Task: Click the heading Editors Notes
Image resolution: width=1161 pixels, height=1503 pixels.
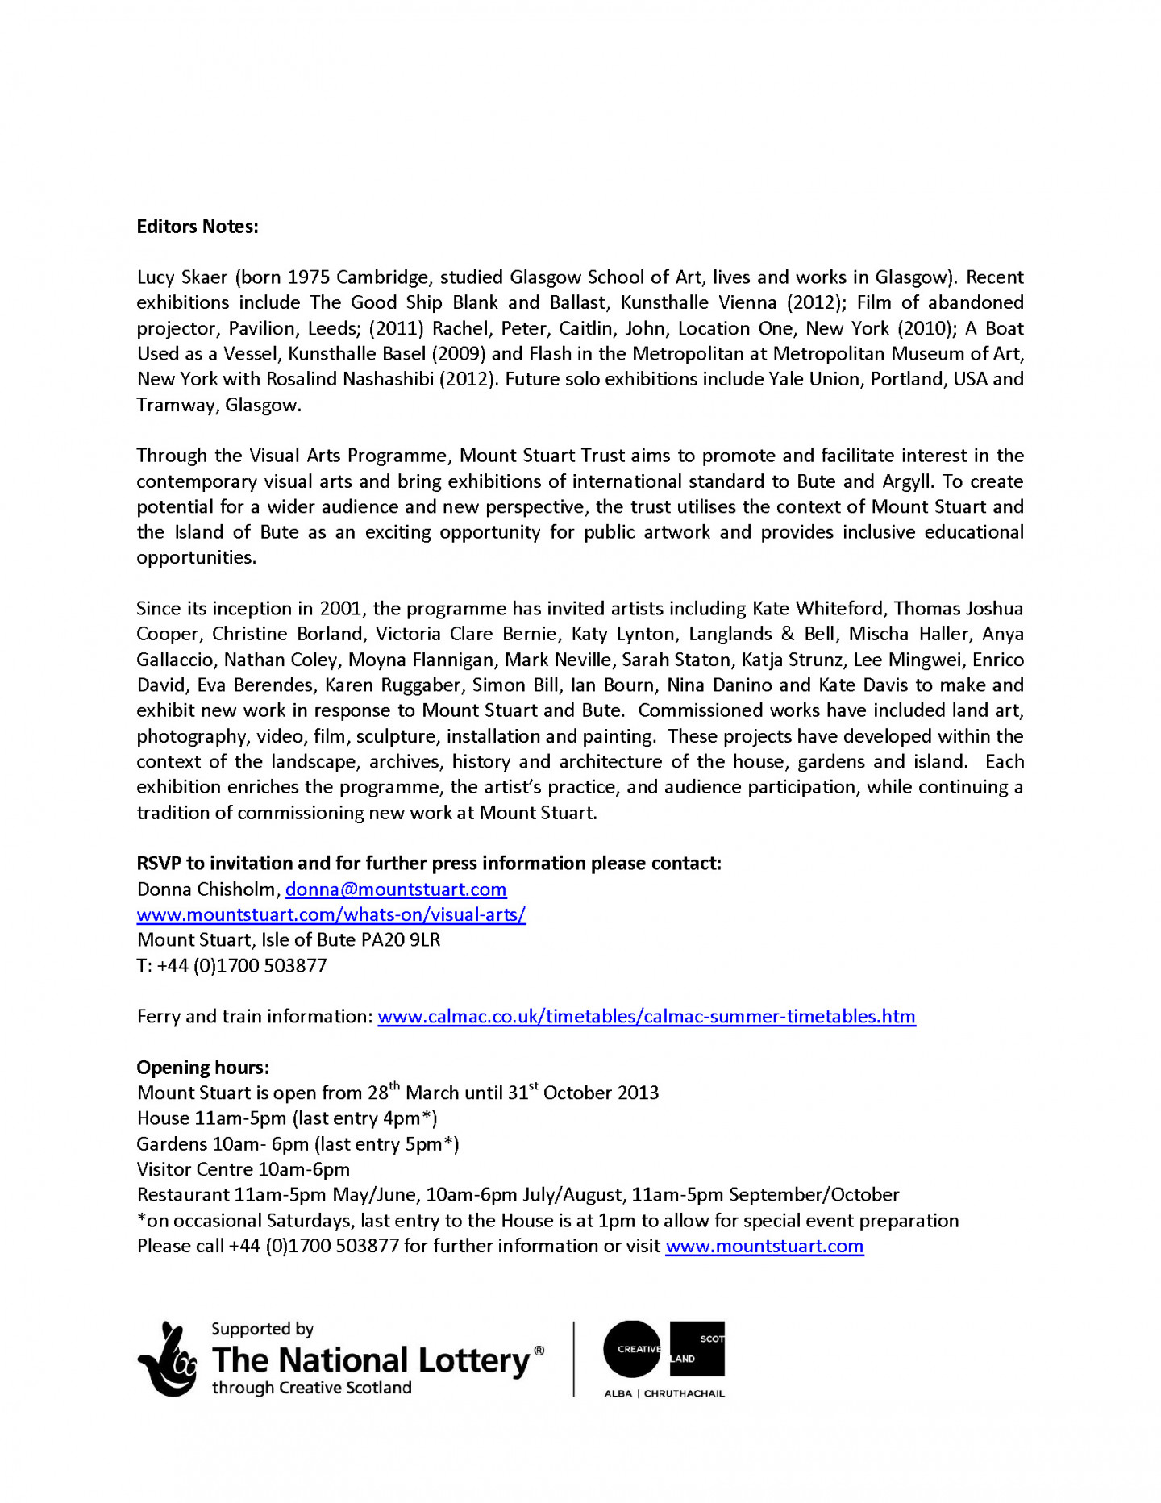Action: coord(197,227)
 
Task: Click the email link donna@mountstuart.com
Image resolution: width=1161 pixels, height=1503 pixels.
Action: coord(395,889)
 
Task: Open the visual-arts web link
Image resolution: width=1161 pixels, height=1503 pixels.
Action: coord(331,914)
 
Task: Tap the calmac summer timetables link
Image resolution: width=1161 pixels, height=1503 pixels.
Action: coord(646,1016)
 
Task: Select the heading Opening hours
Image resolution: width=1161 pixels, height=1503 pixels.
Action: coord(202,1067)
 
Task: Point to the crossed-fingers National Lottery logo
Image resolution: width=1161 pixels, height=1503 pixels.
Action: coord(168,1359)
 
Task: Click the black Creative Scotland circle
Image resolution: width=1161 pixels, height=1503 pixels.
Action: coord(630,1349)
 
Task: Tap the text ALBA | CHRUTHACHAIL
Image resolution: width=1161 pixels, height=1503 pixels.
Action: coord(664,1393)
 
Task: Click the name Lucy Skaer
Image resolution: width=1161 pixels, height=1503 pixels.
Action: coord(181,277)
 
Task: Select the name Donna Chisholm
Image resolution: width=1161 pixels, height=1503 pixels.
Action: coord(206,889)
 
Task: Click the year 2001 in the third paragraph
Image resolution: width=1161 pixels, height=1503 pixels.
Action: coord(341,608)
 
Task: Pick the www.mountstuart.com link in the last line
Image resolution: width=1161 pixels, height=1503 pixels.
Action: coord(764,1246)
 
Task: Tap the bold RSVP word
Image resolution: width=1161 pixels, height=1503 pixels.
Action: coord(159,863)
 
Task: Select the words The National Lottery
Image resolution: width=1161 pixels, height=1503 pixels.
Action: coord(370,1360)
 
